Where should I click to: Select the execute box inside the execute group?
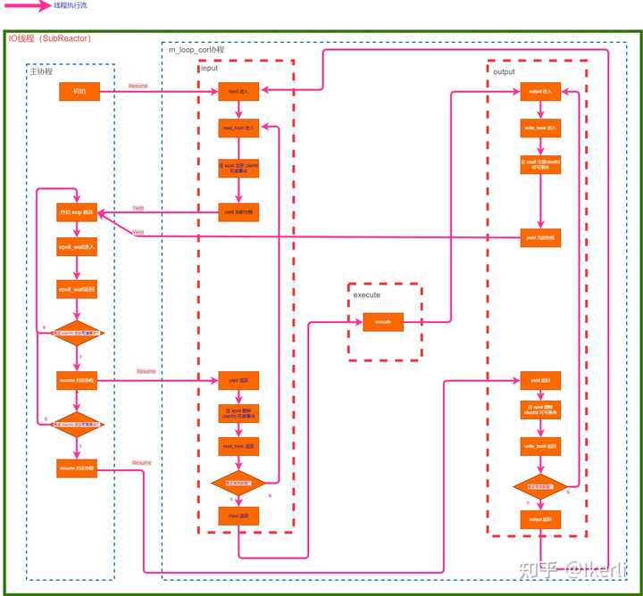383,321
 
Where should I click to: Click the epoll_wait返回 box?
77,290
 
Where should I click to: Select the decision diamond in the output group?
540,488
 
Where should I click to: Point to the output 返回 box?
541,519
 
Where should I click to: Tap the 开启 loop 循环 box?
77,214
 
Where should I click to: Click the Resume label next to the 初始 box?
138,86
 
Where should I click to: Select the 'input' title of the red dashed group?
209,69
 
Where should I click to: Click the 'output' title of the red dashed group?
505,70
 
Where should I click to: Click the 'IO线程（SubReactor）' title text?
49,38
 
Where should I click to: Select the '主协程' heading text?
41,71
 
